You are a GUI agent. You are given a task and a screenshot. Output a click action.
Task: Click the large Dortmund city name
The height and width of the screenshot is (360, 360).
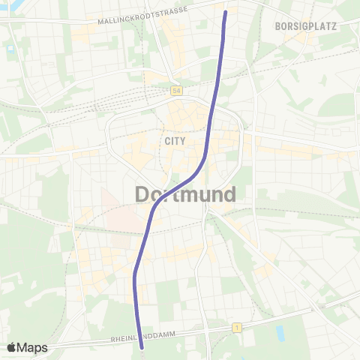click(x=186, y=195)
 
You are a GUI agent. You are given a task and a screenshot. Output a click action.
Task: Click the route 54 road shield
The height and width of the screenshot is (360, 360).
click(x=176, y=90)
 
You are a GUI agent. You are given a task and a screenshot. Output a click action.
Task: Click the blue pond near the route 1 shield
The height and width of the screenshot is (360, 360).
click(x=280, y=330)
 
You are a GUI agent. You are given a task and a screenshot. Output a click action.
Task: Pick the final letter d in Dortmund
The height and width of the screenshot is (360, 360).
click(x=229, y=195)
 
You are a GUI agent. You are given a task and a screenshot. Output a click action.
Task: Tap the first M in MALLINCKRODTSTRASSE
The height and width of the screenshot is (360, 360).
click(x=100, y=22)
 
